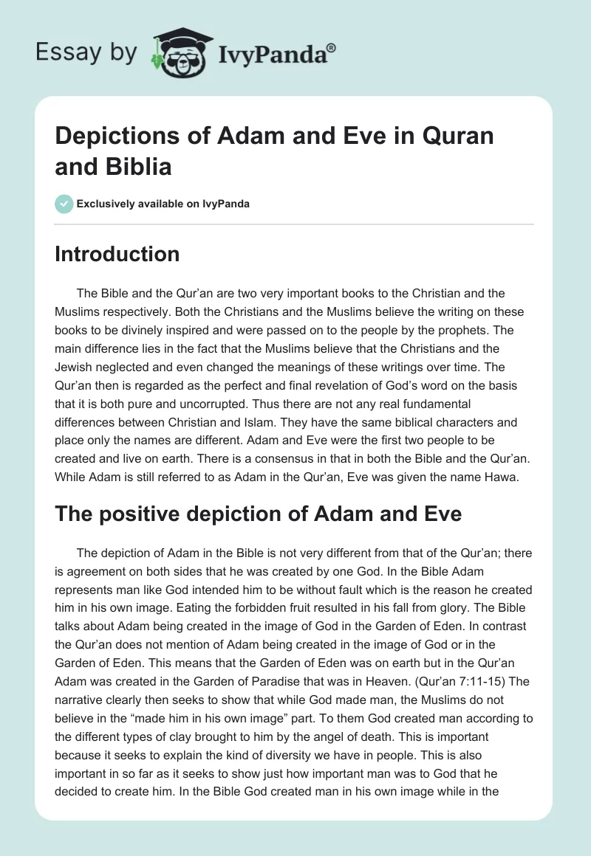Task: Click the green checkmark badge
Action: (x=64, y=204)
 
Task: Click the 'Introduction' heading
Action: (x=117, y=254)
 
